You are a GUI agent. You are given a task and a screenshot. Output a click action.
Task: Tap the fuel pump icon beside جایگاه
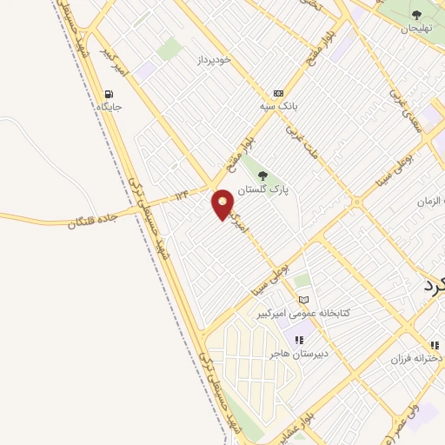(109, 95)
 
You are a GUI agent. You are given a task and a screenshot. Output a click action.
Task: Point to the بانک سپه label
(278, 106)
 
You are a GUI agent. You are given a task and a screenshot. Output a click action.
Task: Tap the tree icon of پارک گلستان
(262, 176)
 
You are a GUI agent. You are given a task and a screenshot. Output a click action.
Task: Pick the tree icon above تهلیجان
(415, 15)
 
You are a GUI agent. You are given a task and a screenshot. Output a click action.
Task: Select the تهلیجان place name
(415, 28)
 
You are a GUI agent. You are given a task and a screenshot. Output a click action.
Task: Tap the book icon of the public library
(302, 300)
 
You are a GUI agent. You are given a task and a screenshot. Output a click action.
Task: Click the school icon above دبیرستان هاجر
(299, 340)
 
